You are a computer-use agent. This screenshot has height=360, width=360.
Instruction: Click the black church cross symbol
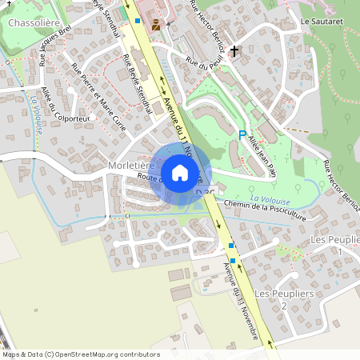click(x=234, y=52)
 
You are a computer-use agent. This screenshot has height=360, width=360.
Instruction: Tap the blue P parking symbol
click(x=242, y=136)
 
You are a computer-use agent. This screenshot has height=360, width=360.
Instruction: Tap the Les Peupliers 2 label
click(x=271, y=299)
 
